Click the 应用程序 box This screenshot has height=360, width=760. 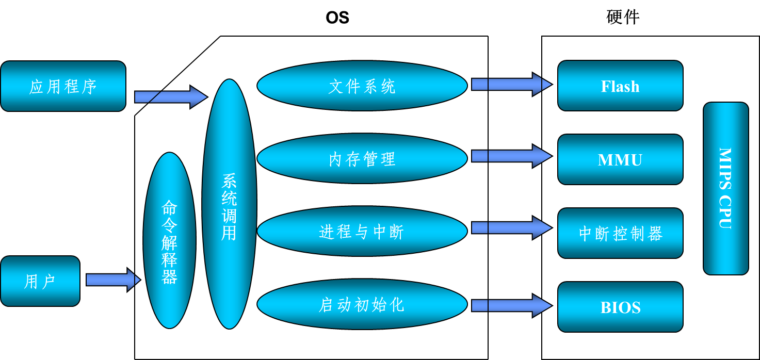point(63,86)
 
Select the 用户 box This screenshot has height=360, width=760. point(40,281)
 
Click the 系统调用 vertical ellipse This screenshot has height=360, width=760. point(229,204)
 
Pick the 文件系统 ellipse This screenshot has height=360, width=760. point(362,86)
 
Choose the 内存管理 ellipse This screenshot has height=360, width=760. point(362,159)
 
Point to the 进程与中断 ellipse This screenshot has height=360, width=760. point(362,232)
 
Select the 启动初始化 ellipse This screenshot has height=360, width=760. point(362,305)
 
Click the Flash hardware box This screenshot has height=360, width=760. point(620,86)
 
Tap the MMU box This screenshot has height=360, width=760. point(620,159)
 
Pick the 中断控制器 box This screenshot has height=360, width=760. point(620,233)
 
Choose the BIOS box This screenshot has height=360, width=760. point(620,307)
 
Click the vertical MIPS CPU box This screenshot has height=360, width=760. point(725,188)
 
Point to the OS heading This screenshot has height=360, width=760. point(337,18)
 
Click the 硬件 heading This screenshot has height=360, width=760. point(623,18)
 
